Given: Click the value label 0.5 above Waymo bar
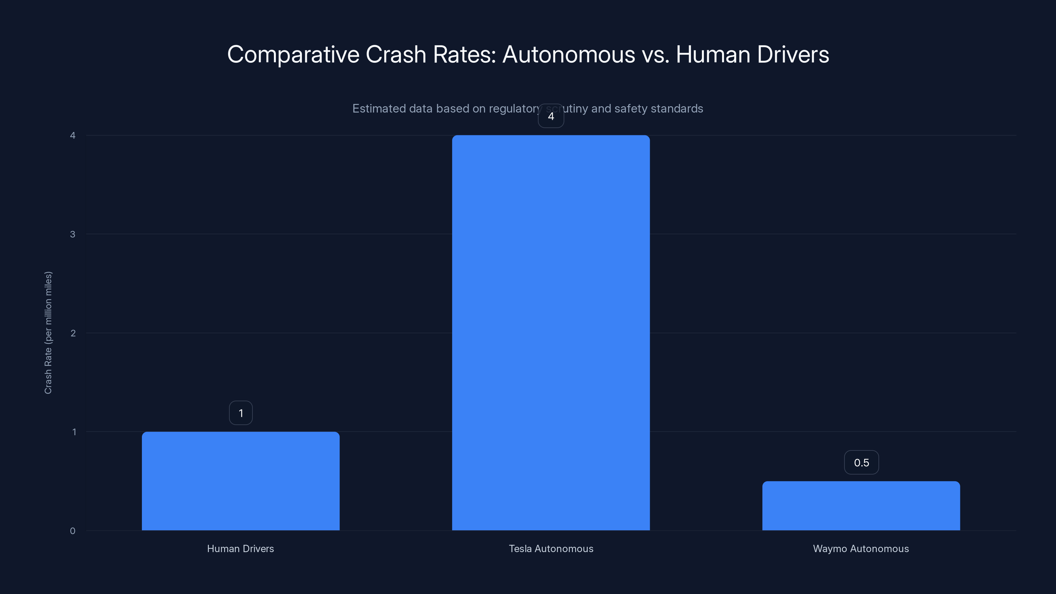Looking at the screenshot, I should point(861,462).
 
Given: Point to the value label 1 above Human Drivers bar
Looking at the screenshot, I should point(241,413).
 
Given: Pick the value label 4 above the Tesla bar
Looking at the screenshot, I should point(551,116).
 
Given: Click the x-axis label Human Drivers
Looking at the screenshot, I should point(240,548).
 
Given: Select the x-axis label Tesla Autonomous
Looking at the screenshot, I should point(551,548).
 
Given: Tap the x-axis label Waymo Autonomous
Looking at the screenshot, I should point(861,548).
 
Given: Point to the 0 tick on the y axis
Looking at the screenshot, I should point(73,531).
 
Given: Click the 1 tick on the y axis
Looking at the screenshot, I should point(74,432).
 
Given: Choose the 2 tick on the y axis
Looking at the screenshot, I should point(73,333).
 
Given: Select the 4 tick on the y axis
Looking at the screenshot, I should point(73,135).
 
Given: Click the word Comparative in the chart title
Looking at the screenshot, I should point(293,54).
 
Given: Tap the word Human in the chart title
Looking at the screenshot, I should point(713,54).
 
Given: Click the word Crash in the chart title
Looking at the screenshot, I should point(396,54).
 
